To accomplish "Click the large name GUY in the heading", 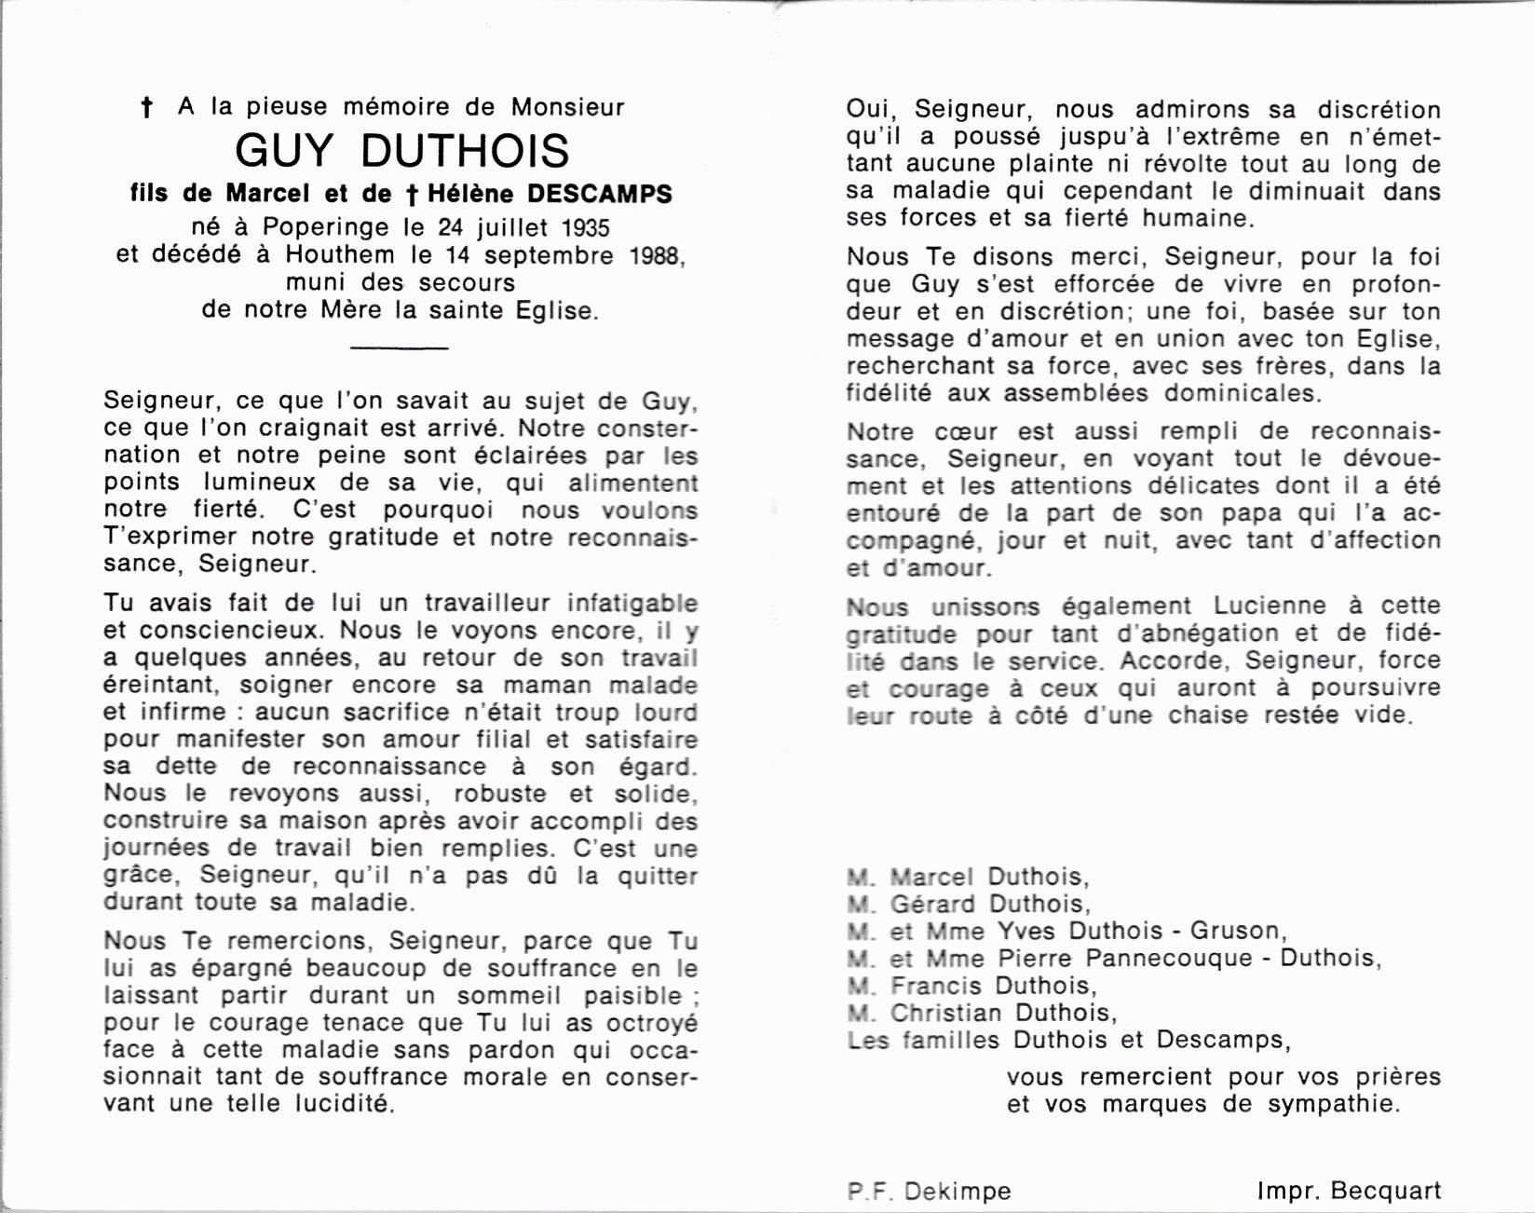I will (x=285, y=151).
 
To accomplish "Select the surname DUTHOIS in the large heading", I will (x=465, y=151).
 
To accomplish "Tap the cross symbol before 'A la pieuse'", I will (x=146, y=108).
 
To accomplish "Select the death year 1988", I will (x=655, y=254).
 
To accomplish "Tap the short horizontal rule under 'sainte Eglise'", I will (x=400, y=348).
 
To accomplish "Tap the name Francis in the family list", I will (x=937, y=986).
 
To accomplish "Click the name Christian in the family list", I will (x=945, y=1013).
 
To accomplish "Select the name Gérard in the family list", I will (x=932, y=904).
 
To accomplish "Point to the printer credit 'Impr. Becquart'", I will (x=1348, y=1191).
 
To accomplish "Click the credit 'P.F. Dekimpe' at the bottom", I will (x=929, y=1192).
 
